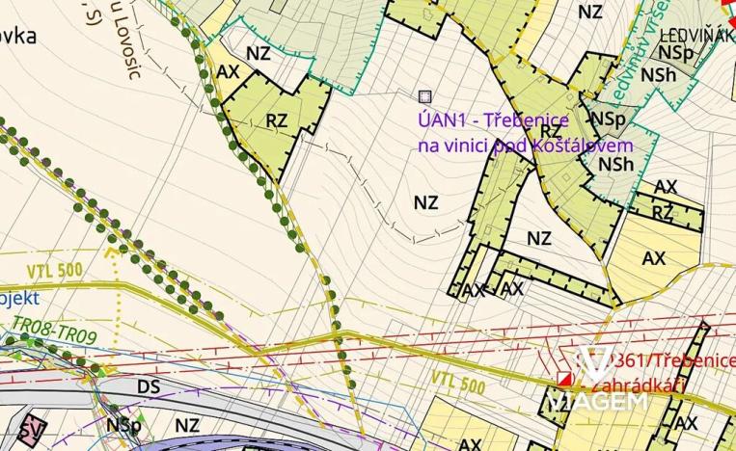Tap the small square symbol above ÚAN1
[424, 95]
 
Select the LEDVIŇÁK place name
[693, 36]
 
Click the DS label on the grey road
[148, 386]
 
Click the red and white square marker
[565, 380]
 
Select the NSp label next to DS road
[124, 424]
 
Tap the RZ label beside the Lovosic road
[278, 120]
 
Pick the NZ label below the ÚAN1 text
[425, 203]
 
